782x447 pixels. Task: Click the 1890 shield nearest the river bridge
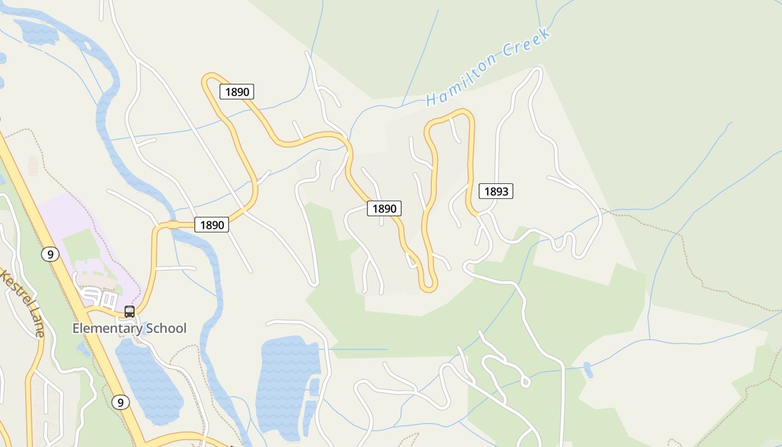pos(212,225)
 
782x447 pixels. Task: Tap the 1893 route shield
pos(496,192)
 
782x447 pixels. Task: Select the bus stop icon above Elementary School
pos(129,312)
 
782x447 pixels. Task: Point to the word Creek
pos(527,41)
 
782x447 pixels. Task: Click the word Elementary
pos(107,329)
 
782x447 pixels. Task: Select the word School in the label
pos(166,329)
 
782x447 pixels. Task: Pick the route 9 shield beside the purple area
pos(50,255)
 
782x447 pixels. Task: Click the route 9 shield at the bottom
pos(120,402)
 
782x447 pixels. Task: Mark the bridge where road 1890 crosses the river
pos(173,225)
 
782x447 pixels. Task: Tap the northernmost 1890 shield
pos(237,92)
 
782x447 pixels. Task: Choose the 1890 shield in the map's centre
pos(384,209)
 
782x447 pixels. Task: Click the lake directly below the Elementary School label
pos(148,380)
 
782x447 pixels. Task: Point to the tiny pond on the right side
pos(588,369)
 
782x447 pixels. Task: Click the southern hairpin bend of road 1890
pos(428,286)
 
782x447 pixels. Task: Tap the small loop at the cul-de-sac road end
pos(524,382)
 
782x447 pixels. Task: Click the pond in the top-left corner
pos(36,32)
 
